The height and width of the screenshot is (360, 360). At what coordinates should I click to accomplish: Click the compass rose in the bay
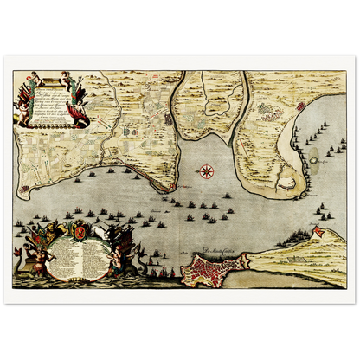click(x=207, y=170)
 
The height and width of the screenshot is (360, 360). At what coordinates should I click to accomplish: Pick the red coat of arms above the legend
click(x=76, y=231)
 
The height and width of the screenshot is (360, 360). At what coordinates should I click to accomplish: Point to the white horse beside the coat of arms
click(x=100, y=232)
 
